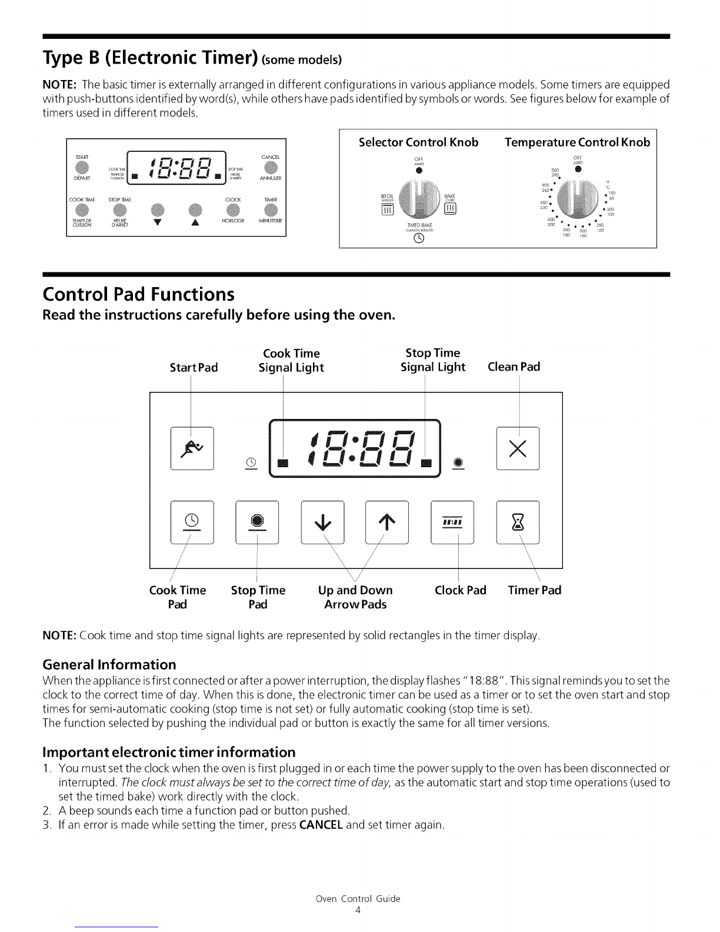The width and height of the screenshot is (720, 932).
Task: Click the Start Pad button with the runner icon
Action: click(192, 448)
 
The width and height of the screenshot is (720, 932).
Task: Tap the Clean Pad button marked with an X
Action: click(518, 448)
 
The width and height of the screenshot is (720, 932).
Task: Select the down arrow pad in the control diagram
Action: click(322, 522)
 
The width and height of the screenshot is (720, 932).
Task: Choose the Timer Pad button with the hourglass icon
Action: click(518, 522)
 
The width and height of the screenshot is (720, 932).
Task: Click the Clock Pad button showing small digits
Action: click(452, 522)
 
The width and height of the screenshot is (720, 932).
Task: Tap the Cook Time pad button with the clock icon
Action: click(192, 522)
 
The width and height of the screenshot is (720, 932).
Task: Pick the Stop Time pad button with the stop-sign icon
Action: click(257, 522)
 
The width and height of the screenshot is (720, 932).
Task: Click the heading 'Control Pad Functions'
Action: click(138, 294)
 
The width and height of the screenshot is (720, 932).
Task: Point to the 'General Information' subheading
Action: click(109, 665)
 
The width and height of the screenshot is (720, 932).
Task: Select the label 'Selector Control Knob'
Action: click(418, 142)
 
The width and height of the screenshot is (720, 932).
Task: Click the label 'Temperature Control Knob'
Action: click(577, 142)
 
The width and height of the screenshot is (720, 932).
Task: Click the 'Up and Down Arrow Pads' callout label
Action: click(355, 597)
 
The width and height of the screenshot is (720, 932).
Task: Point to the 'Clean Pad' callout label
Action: click(514, 367)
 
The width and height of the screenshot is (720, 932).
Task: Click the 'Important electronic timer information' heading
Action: click(169, 753)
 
